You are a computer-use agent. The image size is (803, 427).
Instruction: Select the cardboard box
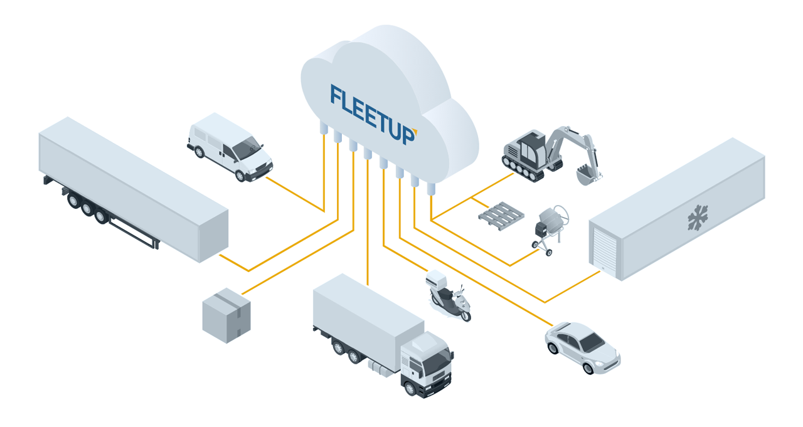click(x=226, y=315)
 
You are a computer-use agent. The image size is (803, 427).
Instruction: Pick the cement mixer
click(x=549, y=226)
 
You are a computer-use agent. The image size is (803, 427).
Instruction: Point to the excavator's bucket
click(x=587, y=175)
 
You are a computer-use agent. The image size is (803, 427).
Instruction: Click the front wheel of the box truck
click(x=411, y=388)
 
